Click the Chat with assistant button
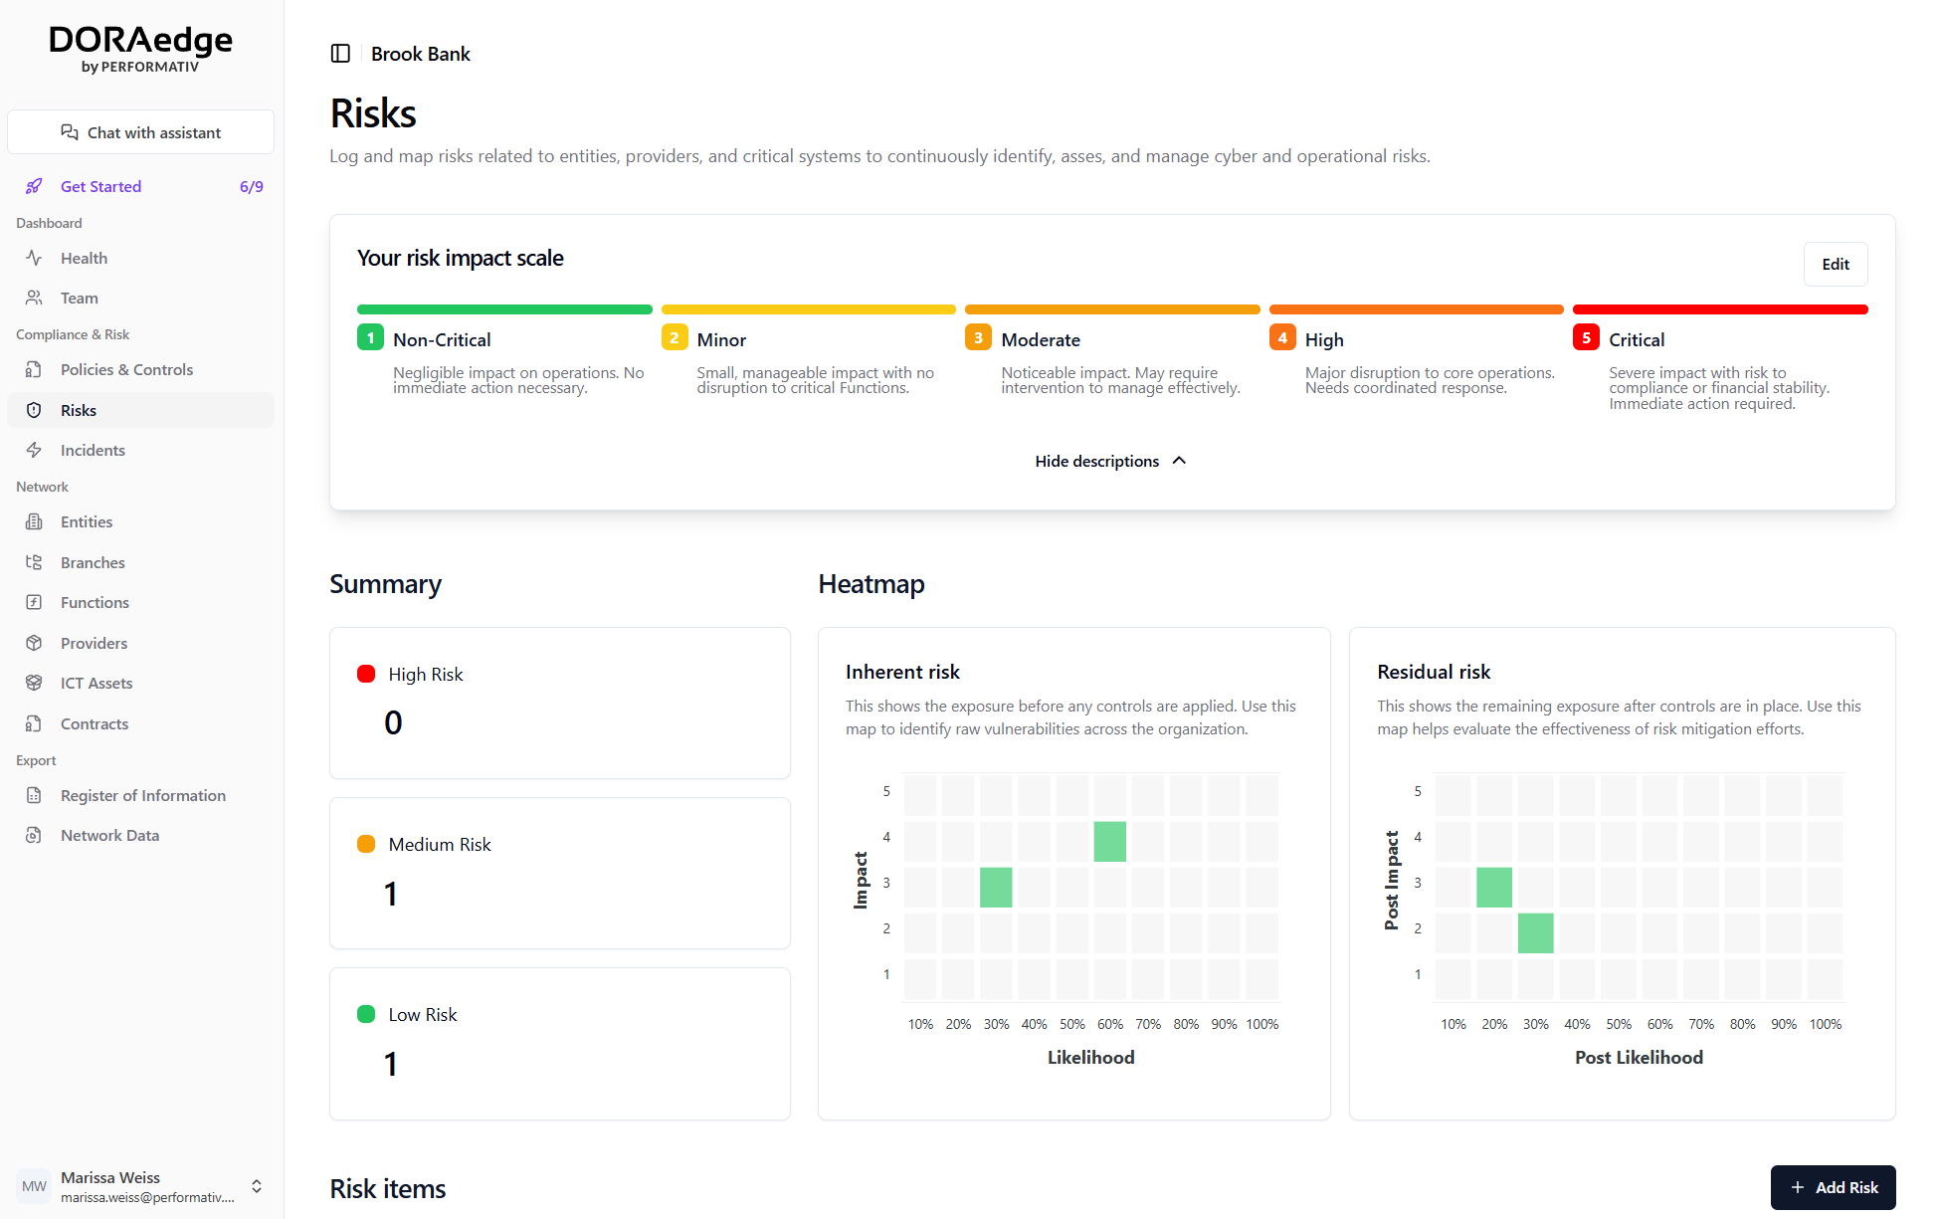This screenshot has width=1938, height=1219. pos(140,132)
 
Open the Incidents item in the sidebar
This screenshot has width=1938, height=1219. pos(93,450)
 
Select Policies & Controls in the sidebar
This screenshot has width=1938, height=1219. pos(126,369)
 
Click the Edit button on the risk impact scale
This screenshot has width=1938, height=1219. pos(1835,264)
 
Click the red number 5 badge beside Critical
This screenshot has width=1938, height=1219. pos(1586,338)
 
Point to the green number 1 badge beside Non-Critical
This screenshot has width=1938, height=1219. pos(370,338)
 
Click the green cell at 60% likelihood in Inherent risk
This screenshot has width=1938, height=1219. pos(1109,842)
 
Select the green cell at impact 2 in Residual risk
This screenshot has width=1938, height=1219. pos(1535,933)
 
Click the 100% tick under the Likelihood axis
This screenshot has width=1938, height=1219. pos(1261,1024)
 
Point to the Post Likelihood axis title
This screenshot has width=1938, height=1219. pos(1639,1057)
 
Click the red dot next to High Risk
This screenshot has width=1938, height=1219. pos(366,674)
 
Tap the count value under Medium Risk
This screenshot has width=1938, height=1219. pos(391,894)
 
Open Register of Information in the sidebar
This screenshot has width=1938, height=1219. pos(142,795)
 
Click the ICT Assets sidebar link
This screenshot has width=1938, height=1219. pos(96,683)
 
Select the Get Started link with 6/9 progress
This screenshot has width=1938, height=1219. pos(100,186)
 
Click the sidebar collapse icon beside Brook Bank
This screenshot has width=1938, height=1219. pos(340,54)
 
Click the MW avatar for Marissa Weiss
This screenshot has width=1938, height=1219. pos(34,1186)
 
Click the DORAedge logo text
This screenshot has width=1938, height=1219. pos(140,40)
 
